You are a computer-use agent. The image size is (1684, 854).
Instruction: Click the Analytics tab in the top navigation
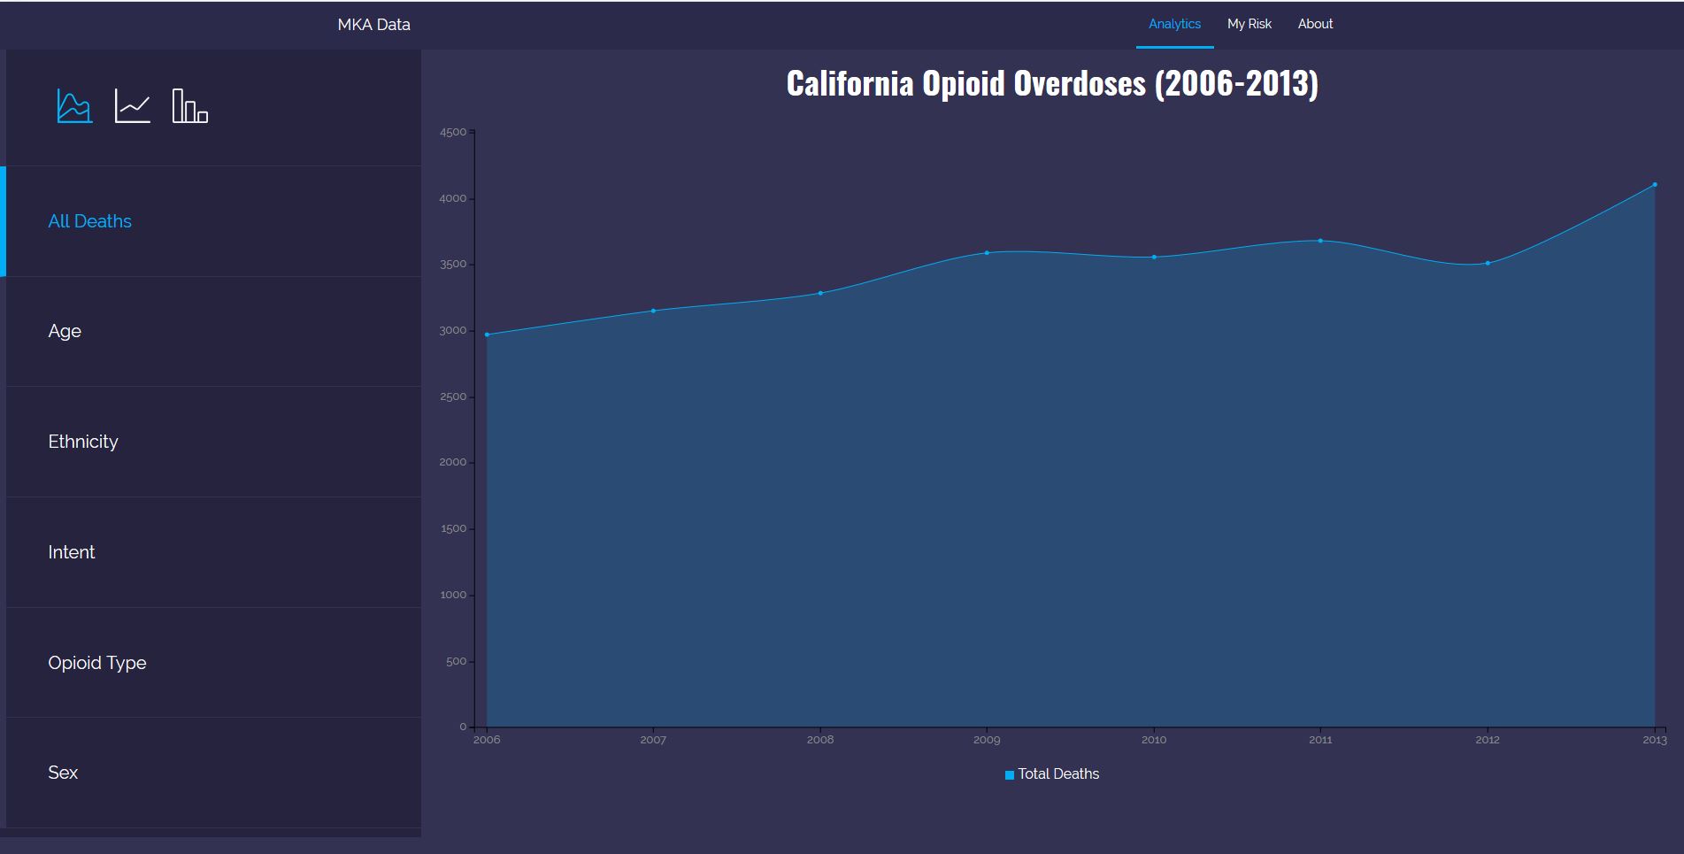[1174, 24]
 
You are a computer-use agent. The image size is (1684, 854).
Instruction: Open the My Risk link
[1249, 24]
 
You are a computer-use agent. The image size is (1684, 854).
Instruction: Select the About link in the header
[1315, 24]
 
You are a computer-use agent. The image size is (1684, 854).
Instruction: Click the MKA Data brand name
[373, 25]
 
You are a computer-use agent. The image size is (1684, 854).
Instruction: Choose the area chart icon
[74, 106]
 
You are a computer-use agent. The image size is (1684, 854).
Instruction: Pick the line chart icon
[133, 106]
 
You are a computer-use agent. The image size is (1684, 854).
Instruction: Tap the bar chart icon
[190, 106]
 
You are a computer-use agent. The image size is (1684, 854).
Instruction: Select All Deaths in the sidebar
[89, 221]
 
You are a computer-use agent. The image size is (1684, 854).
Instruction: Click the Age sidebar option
[65, 331]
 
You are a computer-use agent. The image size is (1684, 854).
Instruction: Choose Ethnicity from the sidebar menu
[83, 442]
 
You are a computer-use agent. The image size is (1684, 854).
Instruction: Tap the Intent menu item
[72, 552]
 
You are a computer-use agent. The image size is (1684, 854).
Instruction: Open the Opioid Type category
[97, 663]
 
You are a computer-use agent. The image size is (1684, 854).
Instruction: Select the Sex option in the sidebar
[63, 773]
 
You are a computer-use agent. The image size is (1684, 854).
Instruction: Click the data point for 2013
[1654, 185]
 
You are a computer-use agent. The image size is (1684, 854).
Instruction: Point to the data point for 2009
[987, 253]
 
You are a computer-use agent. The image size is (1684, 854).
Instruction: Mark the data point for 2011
[1320, 241]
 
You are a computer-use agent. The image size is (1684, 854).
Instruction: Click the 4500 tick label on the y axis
[452, 133]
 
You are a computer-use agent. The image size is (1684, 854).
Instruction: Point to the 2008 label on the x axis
[820, 740]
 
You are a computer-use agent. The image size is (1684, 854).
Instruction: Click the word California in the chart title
[850, 84]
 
